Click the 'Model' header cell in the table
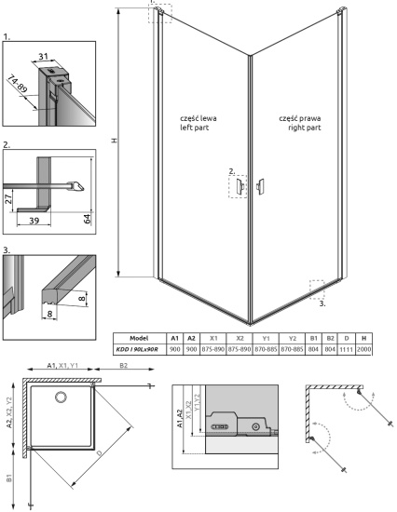coord(140,339)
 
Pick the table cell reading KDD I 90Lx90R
coord(140,350)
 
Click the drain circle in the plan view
coord(62,397)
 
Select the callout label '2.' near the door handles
coord(231,171)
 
